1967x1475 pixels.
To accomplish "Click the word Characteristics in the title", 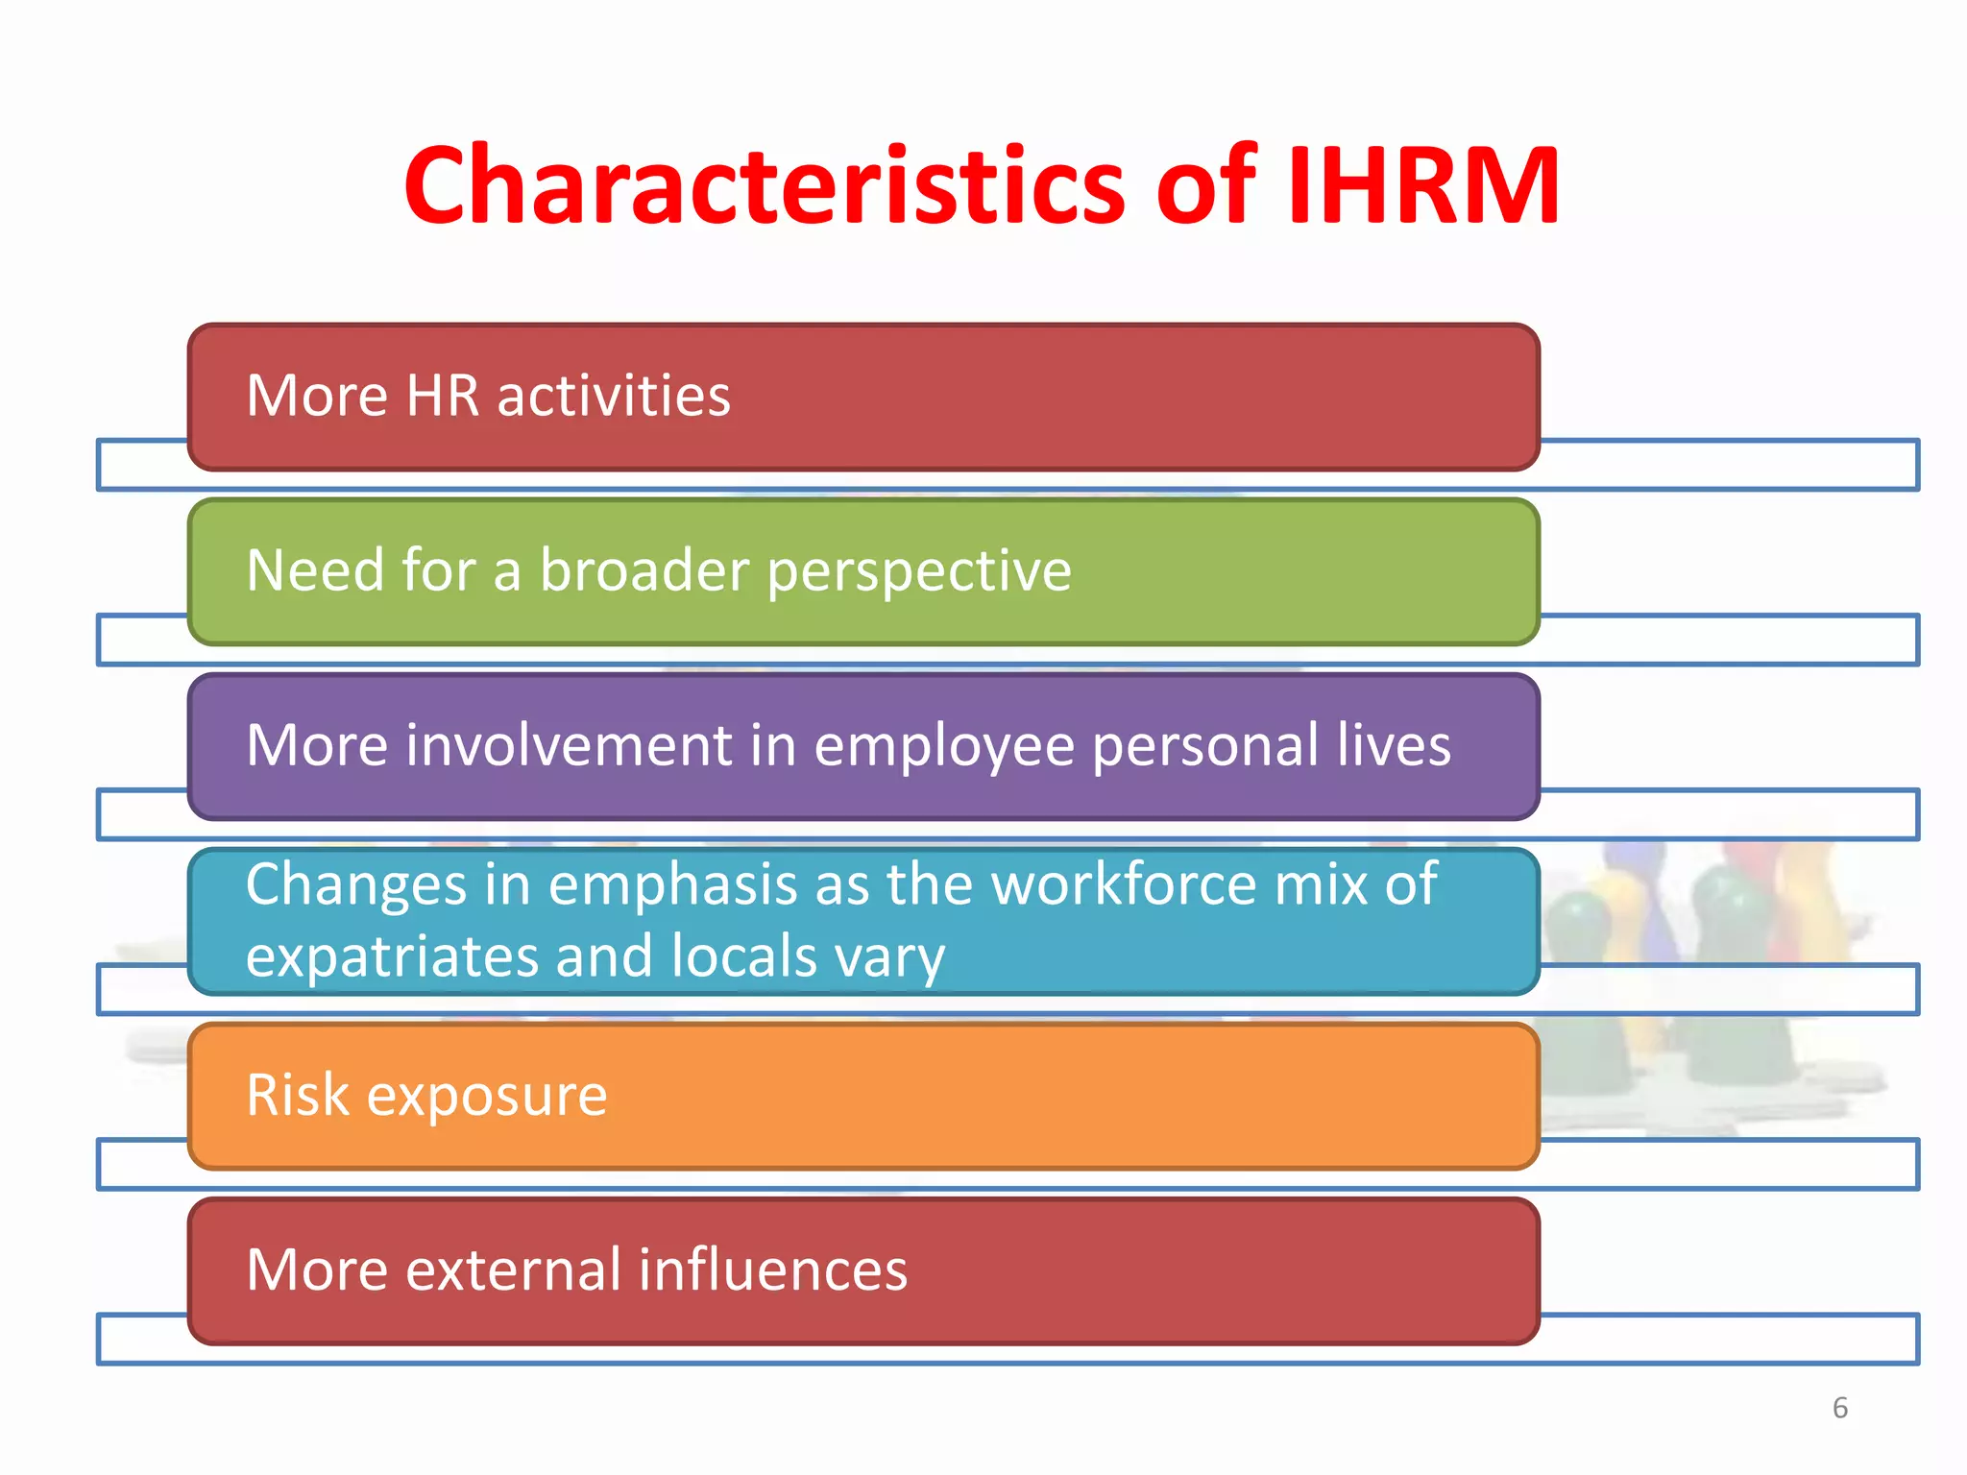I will pos(764,185).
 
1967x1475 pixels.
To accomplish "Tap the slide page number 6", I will pos(1839,1408).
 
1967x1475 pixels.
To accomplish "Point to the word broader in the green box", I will pos(644,569).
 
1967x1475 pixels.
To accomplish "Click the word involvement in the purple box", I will pos(570,745).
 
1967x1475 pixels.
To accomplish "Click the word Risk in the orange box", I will pos(298,1095).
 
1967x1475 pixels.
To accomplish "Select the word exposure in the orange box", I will pos(487,1097).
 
